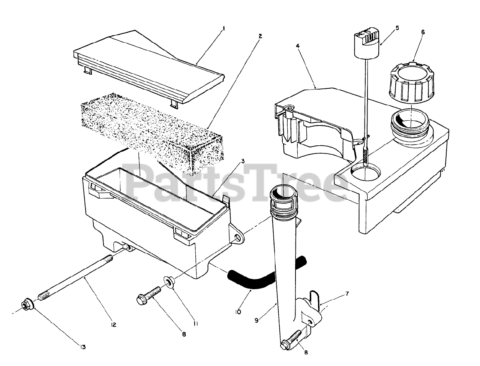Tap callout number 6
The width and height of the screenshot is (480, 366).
point(423,32)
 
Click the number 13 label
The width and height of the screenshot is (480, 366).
point(83,347)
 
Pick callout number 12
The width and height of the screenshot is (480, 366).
point(113,325)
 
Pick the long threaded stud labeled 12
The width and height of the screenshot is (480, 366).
point(75,277)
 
